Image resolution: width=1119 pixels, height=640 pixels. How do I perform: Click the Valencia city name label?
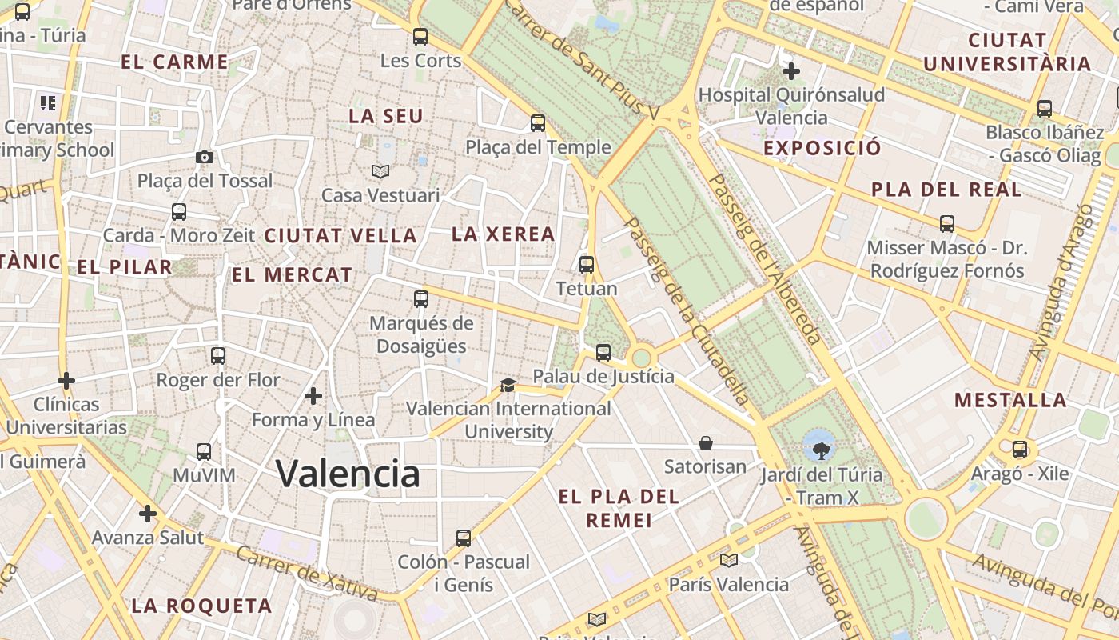click(348, 474)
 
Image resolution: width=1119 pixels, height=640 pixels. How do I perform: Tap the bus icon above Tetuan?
click(587, 264)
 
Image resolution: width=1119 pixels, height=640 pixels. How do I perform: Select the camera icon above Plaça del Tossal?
click(205, 157)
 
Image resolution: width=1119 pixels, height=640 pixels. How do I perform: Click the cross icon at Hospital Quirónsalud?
click(791, 71)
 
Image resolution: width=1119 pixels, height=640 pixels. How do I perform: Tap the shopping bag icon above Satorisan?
click(706, 442)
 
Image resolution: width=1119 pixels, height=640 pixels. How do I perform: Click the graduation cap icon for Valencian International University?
click(508, 385)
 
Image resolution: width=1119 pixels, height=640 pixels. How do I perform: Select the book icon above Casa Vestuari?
click(380, 171)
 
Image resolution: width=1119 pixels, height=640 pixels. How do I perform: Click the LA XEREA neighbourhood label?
click(503, 234)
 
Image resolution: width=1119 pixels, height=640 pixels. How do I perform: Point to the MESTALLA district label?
click(1010, 400)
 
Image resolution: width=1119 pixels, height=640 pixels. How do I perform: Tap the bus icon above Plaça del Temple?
click(538, 123)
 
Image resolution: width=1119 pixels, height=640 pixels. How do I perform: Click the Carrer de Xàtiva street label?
click(307, 573)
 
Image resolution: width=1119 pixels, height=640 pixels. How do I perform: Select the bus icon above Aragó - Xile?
click(1020, 450)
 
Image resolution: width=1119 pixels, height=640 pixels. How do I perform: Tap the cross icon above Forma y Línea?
click(313, 396)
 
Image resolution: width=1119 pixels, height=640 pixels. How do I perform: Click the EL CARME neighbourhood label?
click(174, 62)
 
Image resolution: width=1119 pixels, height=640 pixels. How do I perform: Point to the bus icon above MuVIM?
click(204, 452)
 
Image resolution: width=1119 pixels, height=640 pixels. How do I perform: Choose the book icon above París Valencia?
click(728, 560)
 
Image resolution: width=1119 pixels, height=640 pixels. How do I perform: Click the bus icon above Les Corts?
click(420, 37)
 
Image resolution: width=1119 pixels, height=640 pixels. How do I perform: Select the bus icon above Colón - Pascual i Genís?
click(464, 538)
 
